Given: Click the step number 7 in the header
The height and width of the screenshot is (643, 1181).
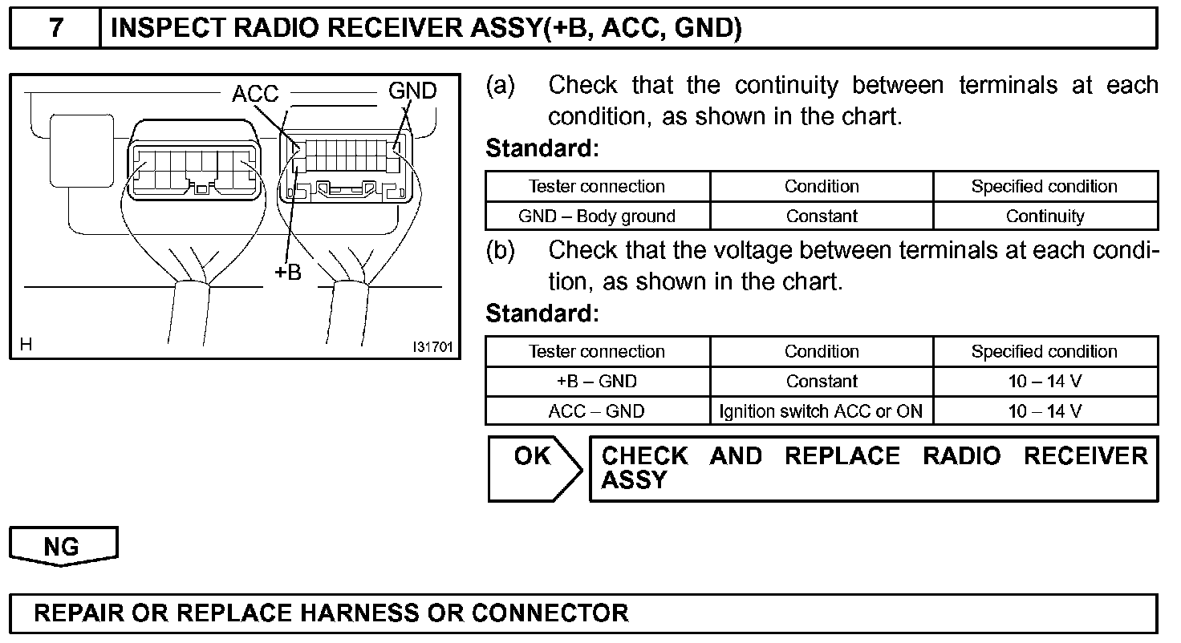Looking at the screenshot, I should (55, 29).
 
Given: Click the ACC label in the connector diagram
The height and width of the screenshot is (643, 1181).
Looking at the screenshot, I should (254, 95).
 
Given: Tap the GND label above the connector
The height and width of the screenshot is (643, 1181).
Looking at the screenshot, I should (412, 91).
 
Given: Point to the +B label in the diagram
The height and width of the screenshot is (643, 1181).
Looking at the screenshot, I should (288, 273).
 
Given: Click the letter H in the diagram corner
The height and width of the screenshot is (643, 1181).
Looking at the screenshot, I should (26, 345).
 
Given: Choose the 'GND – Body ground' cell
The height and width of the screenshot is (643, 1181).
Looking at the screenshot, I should (597, 216).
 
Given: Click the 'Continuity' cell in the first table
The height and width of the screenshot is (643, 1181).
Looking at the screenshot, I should (1045, 216).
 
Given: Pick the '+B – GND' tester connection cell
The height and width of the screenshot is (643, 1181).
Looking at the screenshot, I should (597, 382).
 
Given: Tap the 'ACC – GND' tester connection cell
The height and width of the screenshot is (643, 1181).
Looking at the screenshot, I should (597, 411).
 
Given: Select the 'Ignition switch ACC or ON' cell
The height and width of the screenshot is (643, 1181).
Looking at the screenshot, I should (822, 411).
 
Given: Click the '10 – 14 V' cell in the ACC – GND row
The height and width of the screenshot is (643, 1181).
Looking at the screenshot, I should (1045, 411).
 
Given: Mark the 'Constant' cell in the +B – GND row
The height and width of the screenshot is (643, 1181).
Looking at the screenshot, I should (822, 382).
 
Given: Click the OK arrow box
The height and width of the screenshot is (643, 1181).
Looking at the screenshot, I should (534, 468).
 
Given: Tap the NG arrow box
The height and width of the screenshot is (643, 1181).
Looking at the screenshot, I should (63, 547).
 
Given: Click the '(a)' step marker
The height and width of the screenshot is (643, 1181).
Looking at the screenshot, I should (500, 85).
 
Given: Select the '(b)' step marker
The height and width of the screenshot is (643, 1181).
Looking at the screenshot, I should (500, 250).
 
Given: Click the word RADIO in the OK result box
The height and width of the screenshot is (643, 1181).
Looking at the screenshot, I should (961, 456).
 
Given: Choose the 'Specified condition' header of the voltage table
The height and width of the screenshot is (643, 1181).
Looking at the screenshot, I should (1045, 351).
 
